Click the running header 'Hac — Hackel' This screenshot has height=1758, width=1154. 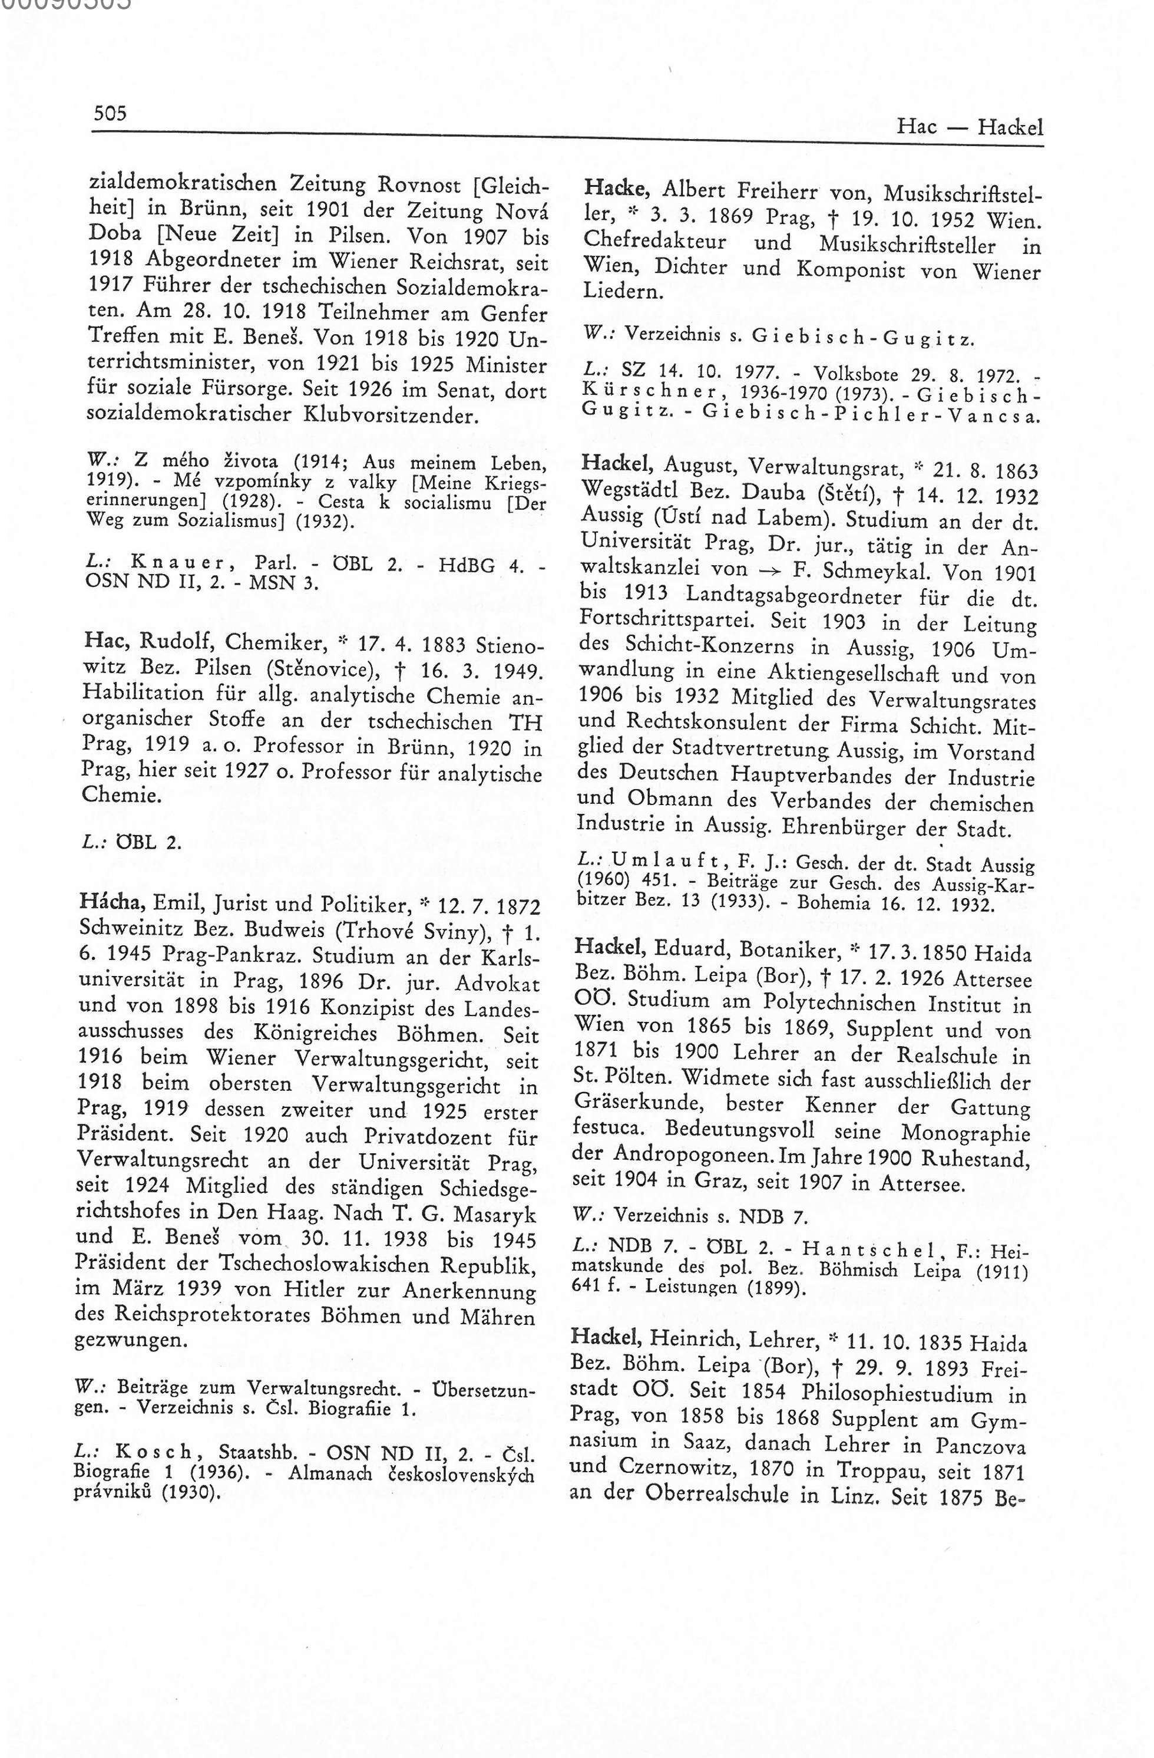point(970,128)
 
